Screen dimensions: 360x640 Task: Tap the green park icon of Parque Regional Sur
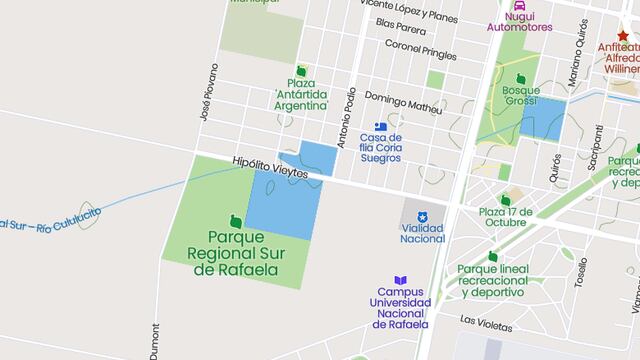click(x=235, y=220)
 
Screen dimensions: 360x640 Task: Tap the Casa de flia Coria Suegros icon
click(x=380, y=125)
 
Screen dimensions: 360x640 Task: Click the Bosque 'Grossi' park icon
click(x=520, y=78)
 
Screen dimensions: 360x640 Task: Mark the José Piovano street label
click(x=210, y=93)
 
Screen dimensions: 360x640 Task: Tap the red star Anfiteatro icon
click(x=623, y=36)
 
